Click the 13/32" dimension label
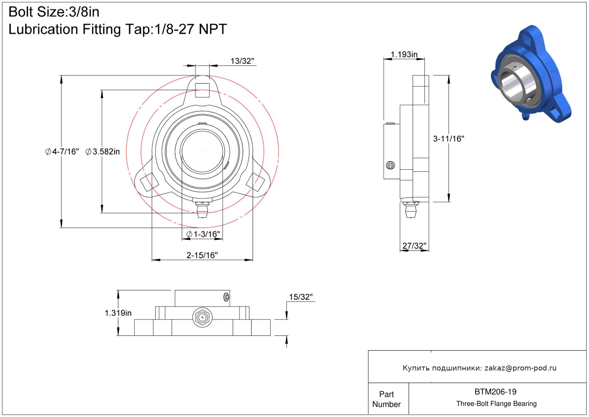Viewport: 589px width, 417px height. [x=242, y=61]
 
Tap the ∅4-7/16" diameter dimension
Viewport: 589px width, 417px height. [x=62, y=152]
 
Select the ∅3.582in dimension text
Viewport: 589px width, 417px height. [x=103, y=152]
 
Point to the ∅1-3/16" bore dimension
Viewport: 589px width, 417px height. [x=203, y=234]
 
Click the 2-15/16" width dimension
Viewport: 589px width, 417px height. [x=202, y=255]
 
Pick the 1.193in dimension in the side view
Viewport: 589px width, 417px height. [x=404, y=54]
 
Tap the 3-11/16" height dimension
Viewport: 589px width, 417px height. [x=448, y=139]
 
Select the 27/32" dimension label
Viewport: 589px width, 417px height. [x=414, y=246]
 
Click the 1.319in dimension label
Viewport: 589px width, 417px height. [x=118, y=313]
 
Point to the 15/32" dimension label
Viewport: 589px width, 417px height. [x=301, y=297]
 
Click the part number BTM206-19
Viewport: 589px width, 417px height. [x=495, y=392]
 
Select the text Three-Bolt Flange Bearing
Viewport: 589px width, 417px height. [x=496, y=404]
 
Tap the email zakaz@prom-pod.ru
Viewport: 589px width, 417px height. [x=520, y=368]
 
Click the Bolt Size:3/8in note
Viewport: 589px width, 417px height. [x=54, y=12]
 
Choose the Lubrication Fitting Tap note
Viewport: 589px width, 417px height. [x=118, y=29]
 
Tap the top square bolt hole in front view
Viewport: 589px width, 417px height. [x=202, y=90]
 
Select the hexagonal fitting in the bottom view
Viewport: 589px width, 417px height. [x=202, y=317]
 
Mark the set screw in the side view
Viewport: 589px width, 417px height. [x=391, y=165]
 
